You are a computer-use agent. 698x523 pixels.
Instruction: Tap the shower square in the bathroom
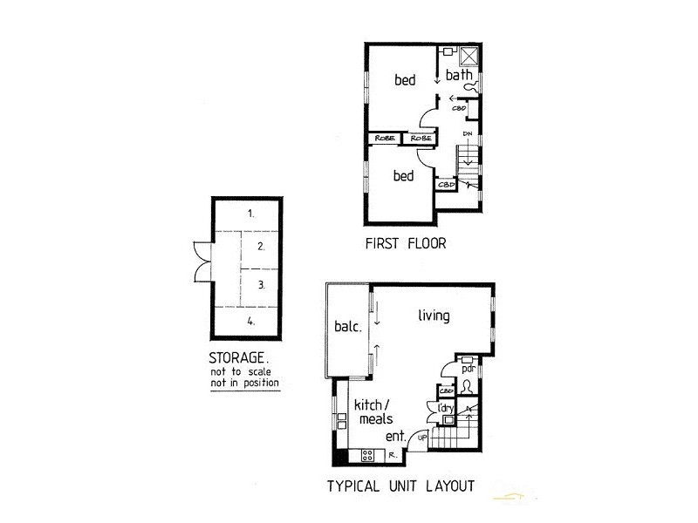(469, 54)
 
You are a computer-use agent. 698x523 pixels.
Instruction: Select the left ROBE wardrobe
(384, 138)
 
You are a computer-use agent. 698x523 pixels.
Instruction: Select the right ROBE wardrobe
(421, 138)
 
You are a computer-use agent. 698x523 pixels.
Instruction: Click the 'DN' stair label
(468, 133)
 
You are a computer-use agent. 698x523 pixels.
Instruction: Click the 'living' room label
(433, 316)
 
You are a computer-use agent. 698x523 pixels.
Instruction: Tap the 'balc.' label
(347, 329)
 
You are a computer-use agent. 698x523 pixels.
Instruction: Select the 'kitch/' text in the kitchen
(373, 404)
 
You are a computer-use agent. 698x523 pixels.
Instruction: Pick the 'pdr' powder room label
(467, 367)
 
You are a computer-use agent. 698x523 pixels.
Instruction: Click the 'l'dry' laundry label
(445, 407)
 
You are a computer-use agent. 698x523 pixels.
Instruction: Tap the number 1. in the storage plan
(250, 213)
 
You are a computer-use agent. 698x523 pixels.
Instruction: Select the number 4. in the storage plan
(250, 321)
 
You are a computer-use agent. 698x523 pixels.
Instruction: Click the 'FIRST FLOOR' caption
(406, 244)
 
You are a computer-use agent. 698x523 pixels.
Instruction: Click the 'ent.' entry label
(395, 438)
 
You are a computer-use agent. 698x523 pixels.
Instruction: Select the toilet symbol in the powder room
(468, 385)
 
